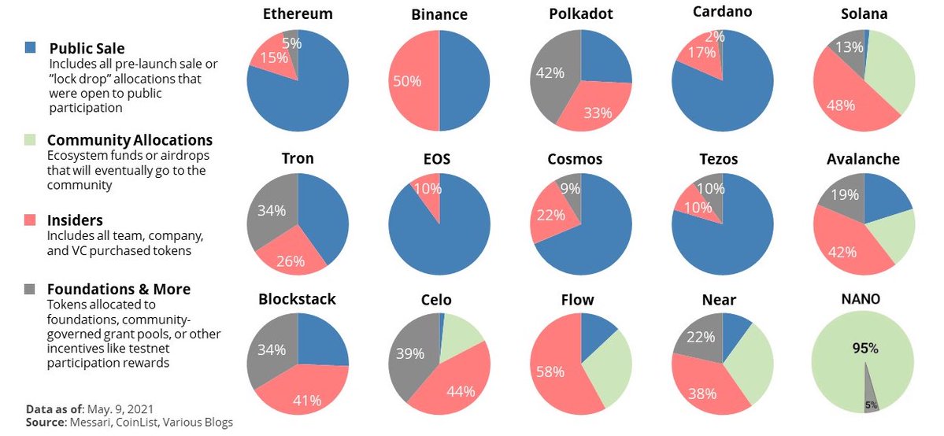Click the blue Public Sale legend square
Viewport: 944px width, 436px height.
point(31,48)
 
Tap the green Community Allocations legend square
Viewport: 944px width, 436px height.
point(31,139)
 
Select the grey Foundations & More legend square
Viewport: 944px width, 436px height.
point(31,288)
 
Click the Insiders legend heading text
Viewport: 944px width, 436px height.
point(76,220)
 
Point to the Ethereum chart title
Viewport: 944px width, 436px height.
point(298,14)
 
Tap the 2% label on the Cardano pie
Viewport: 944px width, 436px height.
point(714,35)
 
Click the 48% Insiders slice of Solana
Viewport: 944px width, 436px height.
point(842,98)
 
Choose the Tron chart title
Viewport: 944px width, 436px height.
point(298,158)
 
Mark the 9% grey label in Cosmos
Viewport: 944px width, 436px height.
point(570,189)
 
